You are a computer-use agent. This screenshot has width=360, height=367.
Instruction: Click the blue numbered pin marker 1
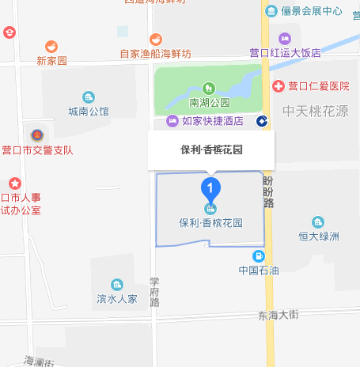(x=210, y=188)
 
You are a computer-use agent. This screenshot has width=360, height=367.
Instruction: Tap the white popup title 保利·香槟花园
(x=211, y=148)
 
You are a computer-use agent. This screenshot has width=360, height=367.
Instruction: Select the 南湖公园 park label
(x=209, y=102)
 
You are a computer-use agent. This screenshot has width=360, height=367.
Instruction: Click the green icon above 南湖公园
(x=209, y=88)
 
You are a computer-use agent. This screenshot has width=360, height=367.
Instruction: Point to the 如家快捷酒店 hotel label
(x=210, y=121)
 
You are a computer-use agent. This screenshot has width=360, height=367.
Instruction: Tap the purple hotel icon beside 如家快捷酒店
(x=172, y=121)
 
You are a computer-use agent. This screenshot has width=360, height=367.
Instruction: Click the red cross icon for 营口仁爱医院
(x=279, y=85)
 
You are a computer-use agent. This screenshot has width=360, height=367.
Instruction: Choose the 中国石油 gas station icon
(x=258, y=255)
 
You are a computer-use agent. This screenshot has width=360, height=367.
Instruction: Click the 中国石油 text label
(x=259, y=271)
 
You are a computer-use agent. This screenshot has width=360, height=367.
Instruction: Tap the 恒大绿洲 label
(x=318, y=236)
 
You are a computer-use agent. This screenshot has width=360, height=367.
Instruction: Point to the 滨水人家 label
(x=117, y=299)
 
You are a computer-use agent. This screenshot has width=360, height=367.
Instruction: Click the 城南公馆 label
(x=89, y=111)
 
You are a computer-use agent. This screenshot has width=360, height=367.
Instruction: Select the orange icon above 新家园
(x=51, y=47)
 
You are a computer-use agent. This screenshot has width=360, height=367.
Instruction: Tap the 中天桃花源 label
(x=316, y=111)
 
